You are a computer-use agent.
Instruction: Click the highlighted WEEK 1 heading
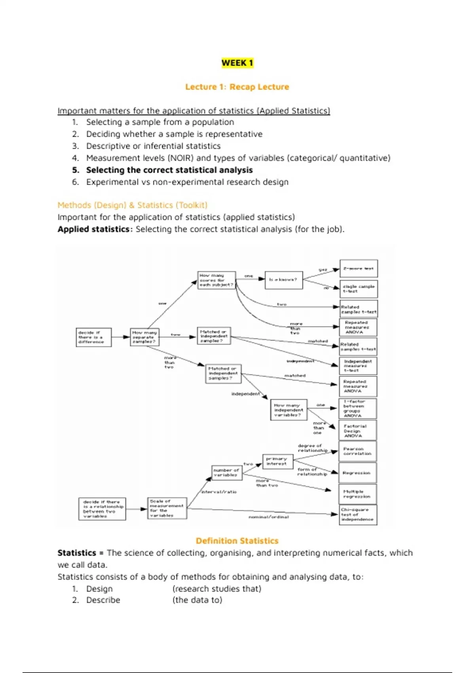(237, 63)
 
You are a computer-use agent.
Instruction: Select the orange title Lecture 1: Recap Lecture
(237, 87)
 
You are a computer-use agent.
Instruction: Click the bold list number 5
(76, 170)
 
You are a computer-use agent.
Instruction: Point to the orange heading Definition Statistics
(237, 541)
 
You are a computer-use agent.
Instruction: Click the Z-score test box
(359, 268)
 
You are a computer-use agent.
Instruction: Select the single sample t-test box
(359, 289)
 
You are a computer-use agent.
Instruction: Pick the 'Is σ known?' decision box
(283, 280)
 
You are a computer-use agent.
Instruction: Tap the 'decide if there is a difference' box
(93, 337)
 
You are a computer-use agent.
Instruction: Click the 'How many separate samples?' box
(144, 337)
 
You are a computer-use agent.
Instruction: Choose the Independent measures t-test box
(358, 366)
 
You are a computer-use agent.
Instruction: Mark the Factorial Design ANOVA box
(358, 431)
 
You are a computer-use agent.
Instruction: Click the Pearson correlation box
(357, 451)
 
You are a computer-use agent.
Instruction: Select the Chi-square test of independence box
(358, 515)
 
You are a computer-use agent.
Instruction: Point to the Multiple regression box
(357, 494)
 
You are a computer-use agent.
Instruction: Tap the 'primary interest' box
(277, 462)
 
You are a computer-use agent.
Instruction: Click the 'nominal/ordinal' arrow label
(269, 517)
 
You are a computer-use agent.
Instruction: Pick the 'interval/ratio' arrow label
(219, 492)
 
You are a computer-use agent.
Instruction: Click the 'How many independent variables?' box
(289, 410)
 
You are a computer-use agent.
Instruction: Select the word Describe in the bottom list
(103, 600)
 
